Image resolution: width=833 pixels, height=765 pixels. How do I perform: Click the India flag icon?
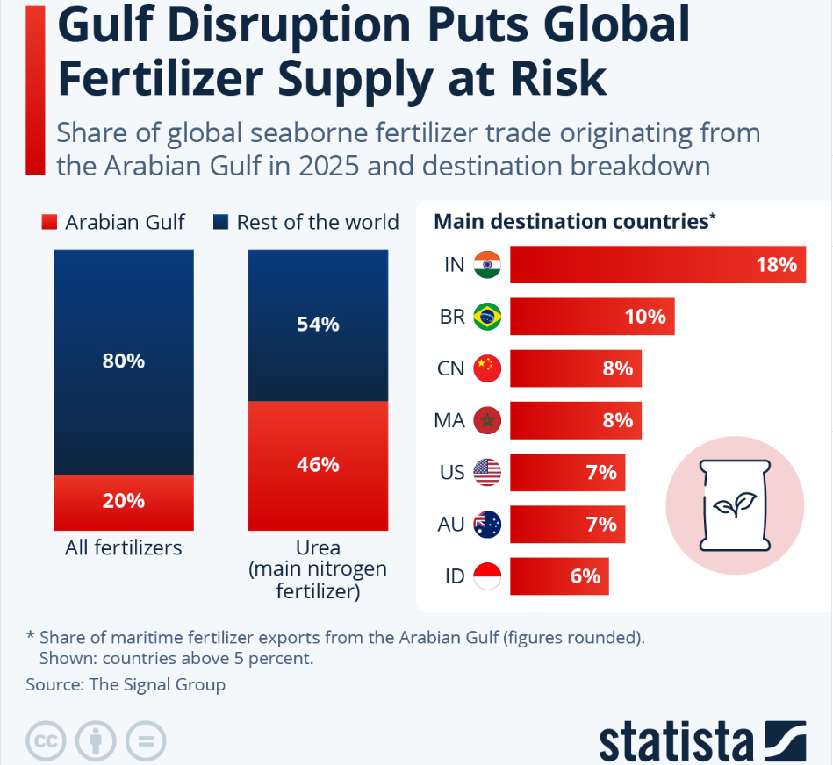click(x=487, y=264)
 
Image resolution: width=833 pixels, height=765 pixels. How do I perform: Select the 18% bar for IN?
click(x=658, y=264)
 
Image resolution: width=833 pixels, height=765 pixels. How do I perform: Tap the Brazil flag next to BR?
click(x=487, y=316)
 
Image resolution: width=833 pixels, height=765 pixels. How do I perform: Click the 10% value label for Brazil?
click(x=645, y=317)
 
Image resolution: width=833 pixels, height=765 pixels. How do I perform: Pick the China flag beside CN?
click(x=487, y=368)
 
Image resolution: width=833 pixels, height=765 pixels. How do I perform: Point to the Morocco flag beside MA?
click(x=487, y=420)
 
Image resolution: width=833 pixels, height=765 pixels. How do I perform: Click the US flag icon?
click(x=487, y=473)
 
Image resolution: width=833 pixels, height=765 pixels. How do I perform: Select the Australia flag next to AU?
click(x=487, y=525)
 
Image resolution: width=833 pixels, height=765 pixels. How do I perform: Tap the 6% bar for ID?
click(x=559, y=576)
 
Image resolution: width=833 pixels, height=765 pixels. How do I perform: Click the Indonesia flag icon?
click(x=487, y=576)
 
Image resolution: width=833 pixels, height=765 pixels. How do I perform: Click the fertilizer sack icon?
click(x=735, y=504)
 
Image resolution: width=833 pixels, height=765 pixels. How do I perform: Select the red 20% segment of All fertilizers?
click(x=124, y=502)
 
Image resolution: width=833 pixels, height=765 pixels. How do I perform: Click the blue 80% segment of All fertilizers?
click(x=124, y=361)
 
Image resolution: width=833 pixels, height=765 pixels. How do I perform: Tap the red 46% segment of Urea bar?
click(x=318, y=465)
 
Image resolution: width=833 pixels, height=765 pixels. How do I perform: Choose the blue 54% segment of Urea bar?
click(x=318, y=325)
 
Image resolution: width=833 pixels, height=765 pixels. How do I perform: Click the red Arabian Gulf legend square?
click(x=49, y=223)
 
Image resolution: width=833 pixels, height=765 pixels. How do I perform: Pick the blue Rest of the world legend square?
click(x=220, y=223)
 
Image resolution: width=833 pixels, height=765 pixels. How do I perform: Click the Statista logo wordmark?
click(x=677, y=741)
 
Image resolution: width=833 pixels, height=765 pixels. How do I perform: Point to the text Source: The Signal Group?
click(x=126, y=684)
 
